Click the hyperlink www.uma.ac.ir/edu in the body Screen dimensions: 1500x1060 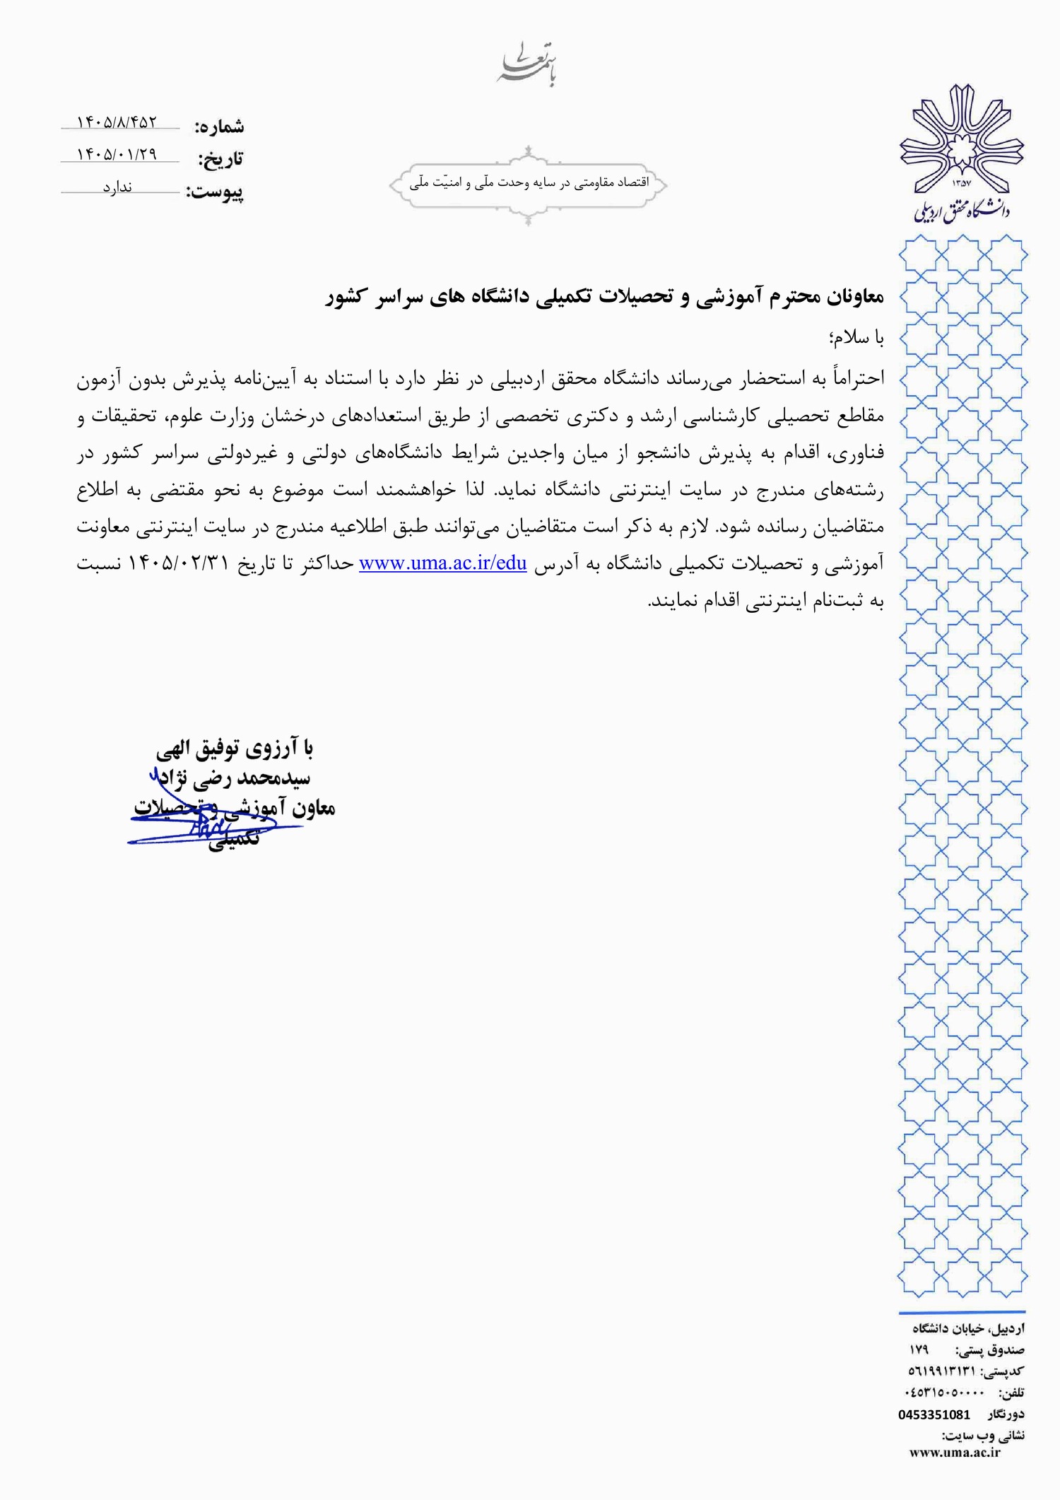(443, 563)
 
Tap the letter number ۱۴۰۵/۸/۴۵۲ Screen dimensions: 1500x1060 (117, 122)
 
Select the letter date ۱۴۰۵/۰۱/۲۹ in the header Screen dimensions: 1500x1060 (117, 154)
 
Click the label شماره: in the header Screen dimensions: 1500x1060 (220, 127)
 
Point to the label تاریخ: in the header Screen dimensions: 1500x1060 (220, 159)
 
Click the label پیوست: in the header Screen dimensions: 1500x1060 (215, 192)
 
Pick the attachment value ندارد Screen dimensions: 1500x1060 (117, 187)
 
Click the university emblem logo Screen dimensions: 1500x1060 (961, 152)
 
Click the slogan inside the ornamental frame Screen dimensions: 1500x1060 (529, 183)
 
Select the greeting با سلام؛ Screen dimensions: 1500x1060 (857, 339)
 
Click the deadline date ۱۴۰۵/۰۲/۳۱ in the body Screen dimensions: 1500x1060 (179, 563)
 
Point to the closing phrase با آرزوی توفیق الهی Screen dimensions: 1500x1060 (235, 748)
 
